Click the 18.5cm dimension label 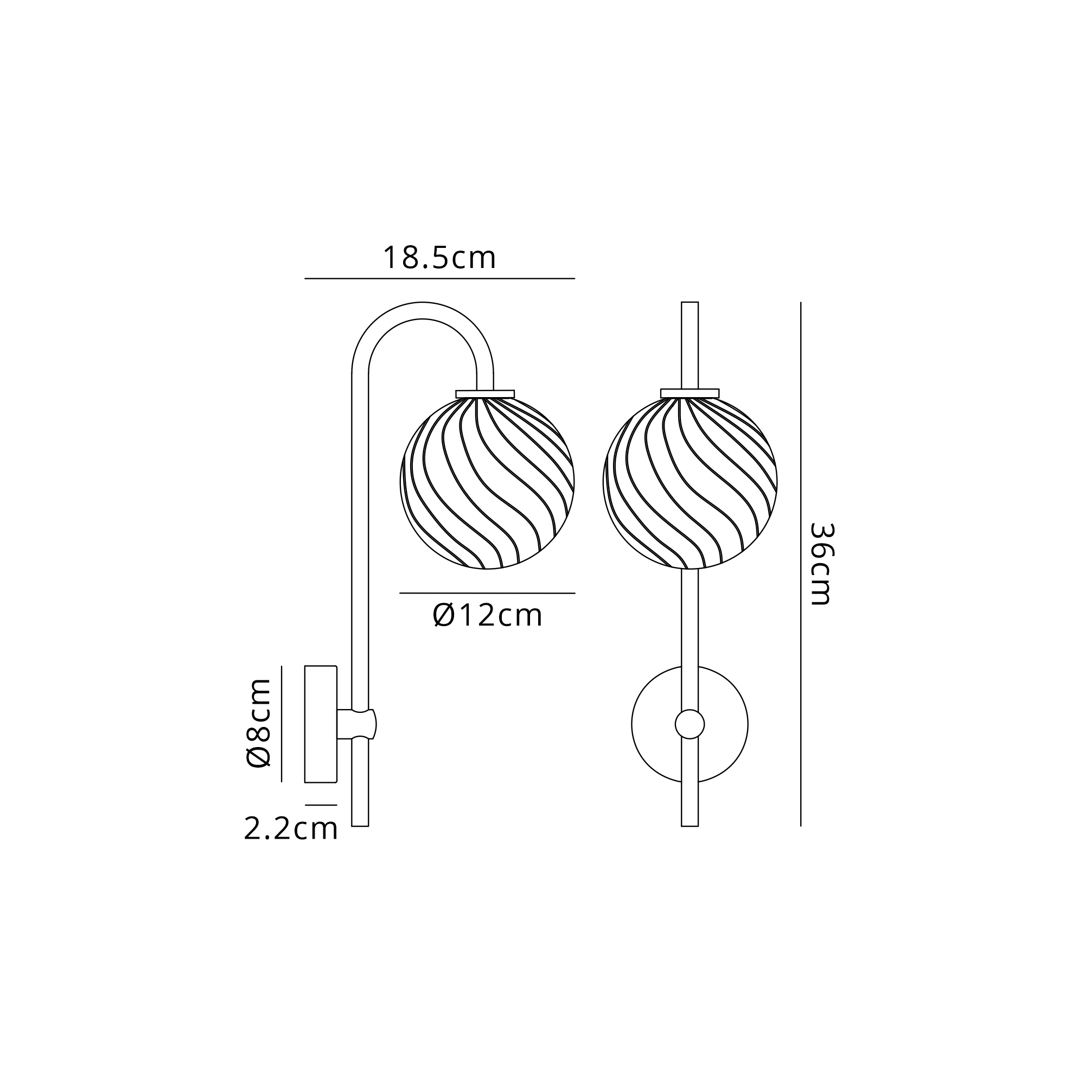click(x=439, y=258)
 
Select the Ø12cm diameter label click(x=488, y=616)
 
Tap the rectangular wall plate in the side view click(x=321, y=724)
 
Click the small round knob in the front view click(x=690, y=724)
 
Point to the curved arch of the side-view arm click(x=422, y=310)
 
